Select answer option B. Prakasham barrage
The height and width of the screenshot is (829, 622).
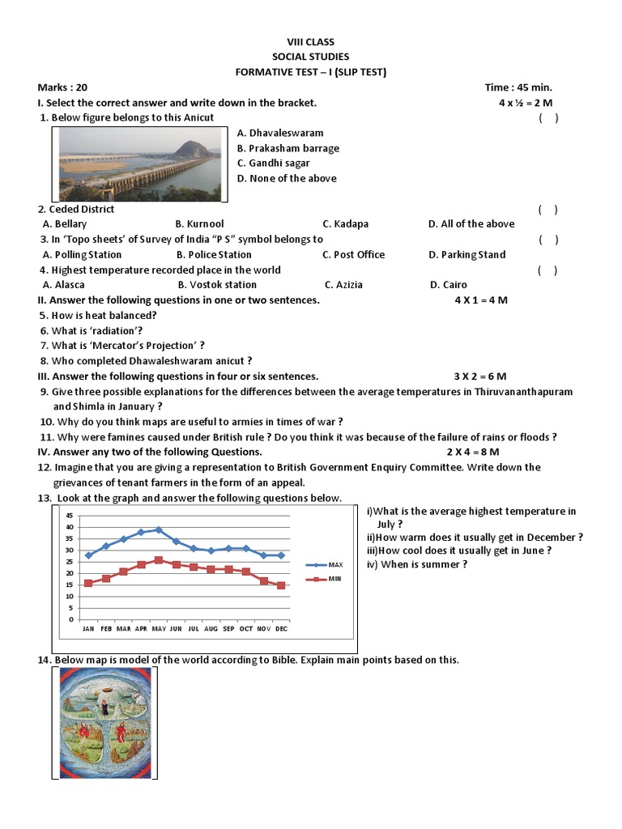click(x=288, y=148)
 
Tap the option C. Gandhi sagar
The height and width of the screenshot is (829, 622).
click(x=274, y=164)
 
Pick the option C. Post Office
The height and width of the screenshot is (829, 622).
click(x=353, y=254)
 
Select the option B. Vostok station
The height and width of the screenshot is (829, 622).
click(x=217, y=285)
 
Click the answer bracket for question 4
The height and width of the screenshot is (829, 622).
click(x=547, y=270)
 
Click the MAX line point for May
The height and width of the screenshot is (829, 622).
click(x=159, y=529)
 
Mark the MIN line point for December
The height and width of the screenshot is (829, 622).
click(x=281, y=585)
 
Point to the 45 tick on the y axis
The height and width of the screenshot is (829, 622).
click(x=70, y=516)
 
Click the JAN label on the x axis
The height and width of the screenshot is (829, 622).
click(x=88, y=628)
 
